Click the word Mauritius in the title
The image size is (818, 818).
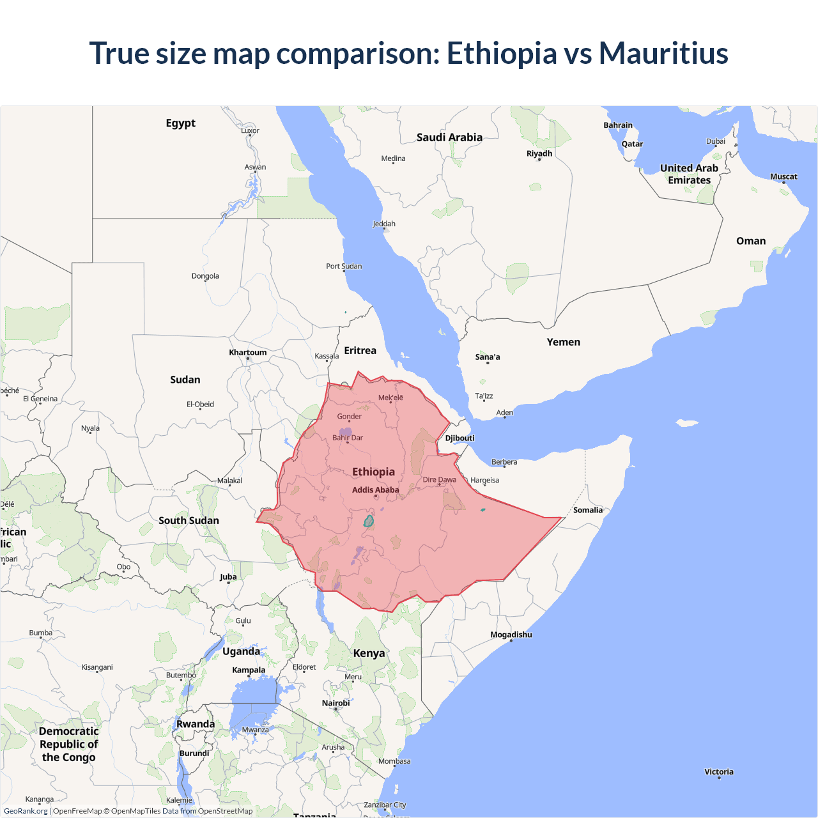663,53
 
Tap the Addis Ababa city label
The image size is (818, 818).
375,490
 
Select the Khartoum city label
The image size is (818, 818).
248,353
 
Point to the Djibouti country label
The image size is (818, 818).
459,438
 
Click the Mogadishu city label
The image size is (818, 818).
511,635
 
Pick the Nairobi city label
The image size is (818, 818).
336,703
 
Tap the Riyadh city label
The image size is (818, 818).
539,153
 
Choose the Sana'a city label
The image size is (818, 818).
488,357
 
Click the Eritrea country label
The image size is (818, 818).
360,351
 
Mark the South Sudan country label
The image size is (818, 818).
189,521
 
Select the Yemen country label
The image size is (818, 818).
563,343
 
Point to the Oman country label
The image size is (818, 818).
750,241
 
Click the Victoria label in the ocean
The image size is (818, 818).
719,772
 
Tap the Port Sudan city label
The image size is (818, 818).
344,266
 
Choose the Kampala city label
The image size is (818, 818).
249,670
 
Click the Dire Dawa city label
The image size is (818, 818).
439,480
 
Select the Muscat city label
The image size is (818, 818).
783,177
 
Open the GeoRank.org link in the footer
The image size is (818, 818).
26,811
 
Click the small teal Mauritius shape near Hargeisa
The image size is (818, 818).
482,510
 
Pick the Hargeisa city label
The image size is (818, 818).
485,481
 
